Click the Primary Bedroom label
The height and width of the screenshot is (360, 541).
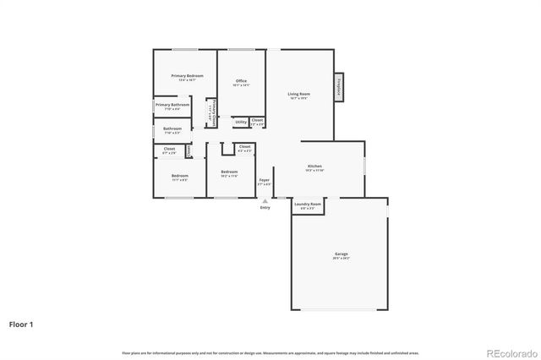(187, 76)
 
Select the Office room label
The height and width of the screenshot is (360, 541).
(241, 81)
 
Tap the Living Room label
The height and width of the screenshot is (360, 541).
(298, 94)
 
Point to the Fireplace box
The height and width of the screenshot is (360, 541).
(339, 87)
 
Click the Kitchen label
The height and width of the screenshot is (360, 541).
(314, 166)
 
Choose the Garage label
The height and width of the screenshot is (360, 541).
(341, 254)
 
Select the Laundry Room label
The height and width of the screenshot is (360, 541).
(308, 204)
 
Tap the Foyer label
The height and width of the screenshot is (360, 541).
(265, 179)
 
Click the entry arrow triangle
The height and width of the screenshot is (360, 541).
(265, 201)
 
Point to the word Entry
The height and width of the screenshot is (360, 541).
(265, 208)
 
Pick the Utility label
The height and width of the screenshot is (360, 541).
(241, 122)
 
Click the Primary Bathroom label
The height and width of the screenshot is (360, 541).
(172, 105)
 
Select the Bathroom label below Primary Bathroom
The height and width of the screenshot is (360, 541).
(172, 128)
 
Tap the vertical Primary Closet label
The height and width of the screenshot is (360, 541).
(214, 112)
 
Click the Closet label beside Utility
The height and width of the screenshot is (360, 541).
(257, 120)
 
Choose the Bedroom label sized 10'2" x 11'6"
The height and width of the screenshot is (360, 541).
(229, 172)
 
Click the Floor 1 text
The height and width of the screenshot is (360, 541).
(22, 324)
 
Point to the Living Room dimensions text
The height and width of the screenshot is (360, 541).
(298, 99)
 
